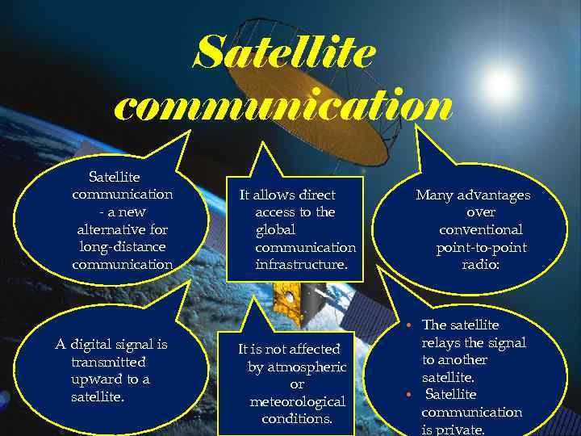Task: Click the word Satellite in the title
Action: pos(286,53)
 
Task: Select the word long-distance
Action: pos(123,247)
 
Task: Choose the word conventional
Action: pos(482,229)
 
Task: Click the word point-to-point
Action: pos(481,247)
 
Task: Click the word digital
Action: pos(98,345)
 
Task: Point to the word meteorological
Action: pos(297,401)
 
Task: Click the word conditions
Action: pos(297,419)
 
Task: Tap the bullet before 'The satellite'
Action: pos(411,325)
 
